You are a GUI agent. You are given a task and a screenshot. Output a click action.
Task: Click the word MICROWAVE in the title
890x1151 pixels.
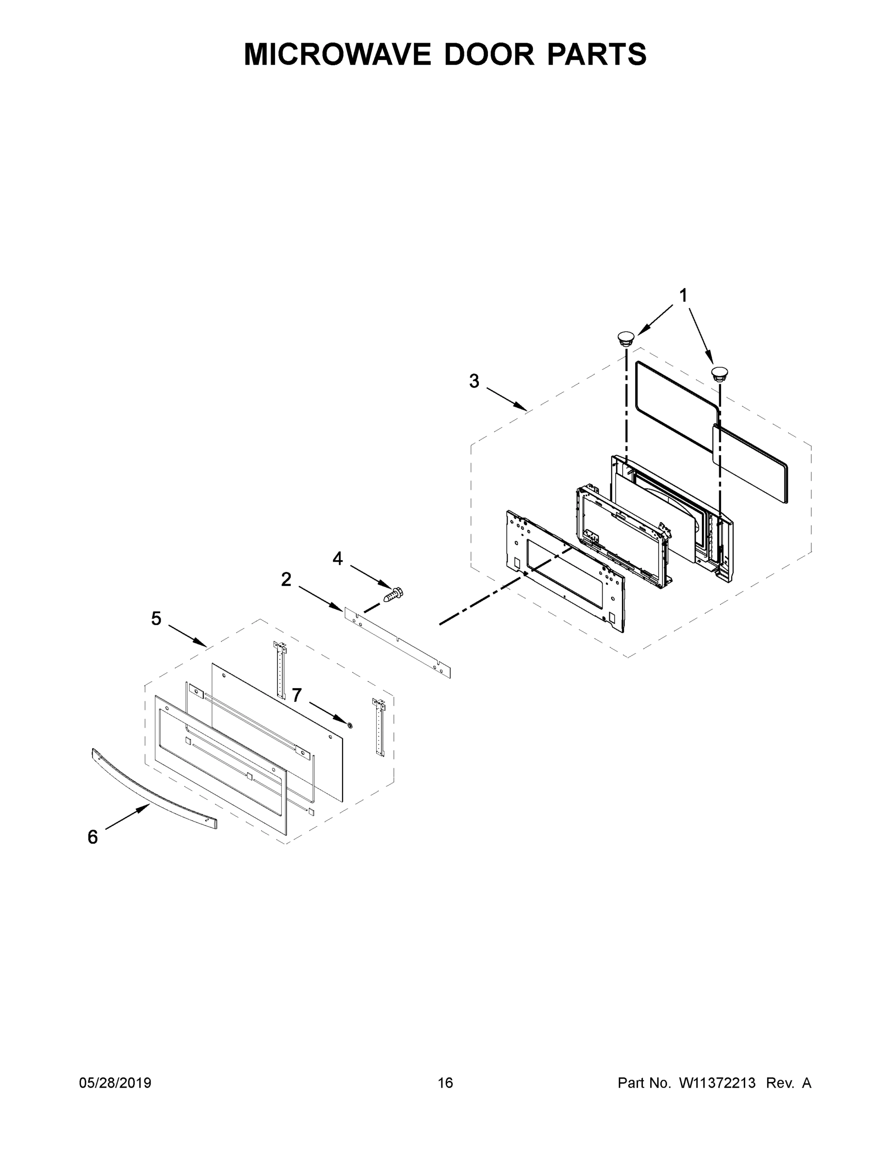337,54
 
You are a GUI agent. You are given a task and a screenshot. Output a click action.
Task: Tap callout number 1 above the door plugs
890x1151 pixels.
683,295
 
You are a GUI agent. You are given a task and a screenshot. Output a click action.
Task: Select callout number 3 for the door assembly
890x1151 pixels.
474,381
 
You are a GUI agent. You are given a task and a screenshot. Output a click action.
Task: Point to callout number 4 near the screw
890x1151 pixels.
337,559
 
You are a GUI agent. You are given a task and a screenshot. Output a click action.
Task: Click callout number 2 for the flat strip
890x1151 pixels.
286,580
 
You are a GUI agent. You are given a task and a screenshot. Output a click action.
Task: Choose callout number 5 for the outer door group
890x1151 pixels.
156,619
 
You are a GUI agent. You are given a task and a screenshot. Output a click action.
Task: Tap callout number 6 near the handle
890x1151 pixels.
93,837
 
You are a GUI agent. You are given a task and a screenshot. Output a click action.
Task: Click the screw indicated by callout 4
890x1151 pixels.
394,594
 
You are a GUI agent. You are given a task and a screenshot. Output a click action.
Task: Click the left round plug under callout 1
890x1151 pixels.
626,337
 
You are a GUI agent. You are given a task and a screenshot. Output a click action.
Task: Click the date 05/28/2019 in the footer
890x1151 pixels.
115,1082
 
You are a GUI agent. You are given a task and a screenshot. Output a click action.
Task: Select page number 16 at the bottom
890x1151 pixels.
445,1082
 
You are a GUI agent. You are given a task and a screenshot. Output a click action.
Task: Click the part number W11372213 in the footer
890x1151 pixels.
717,1082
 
